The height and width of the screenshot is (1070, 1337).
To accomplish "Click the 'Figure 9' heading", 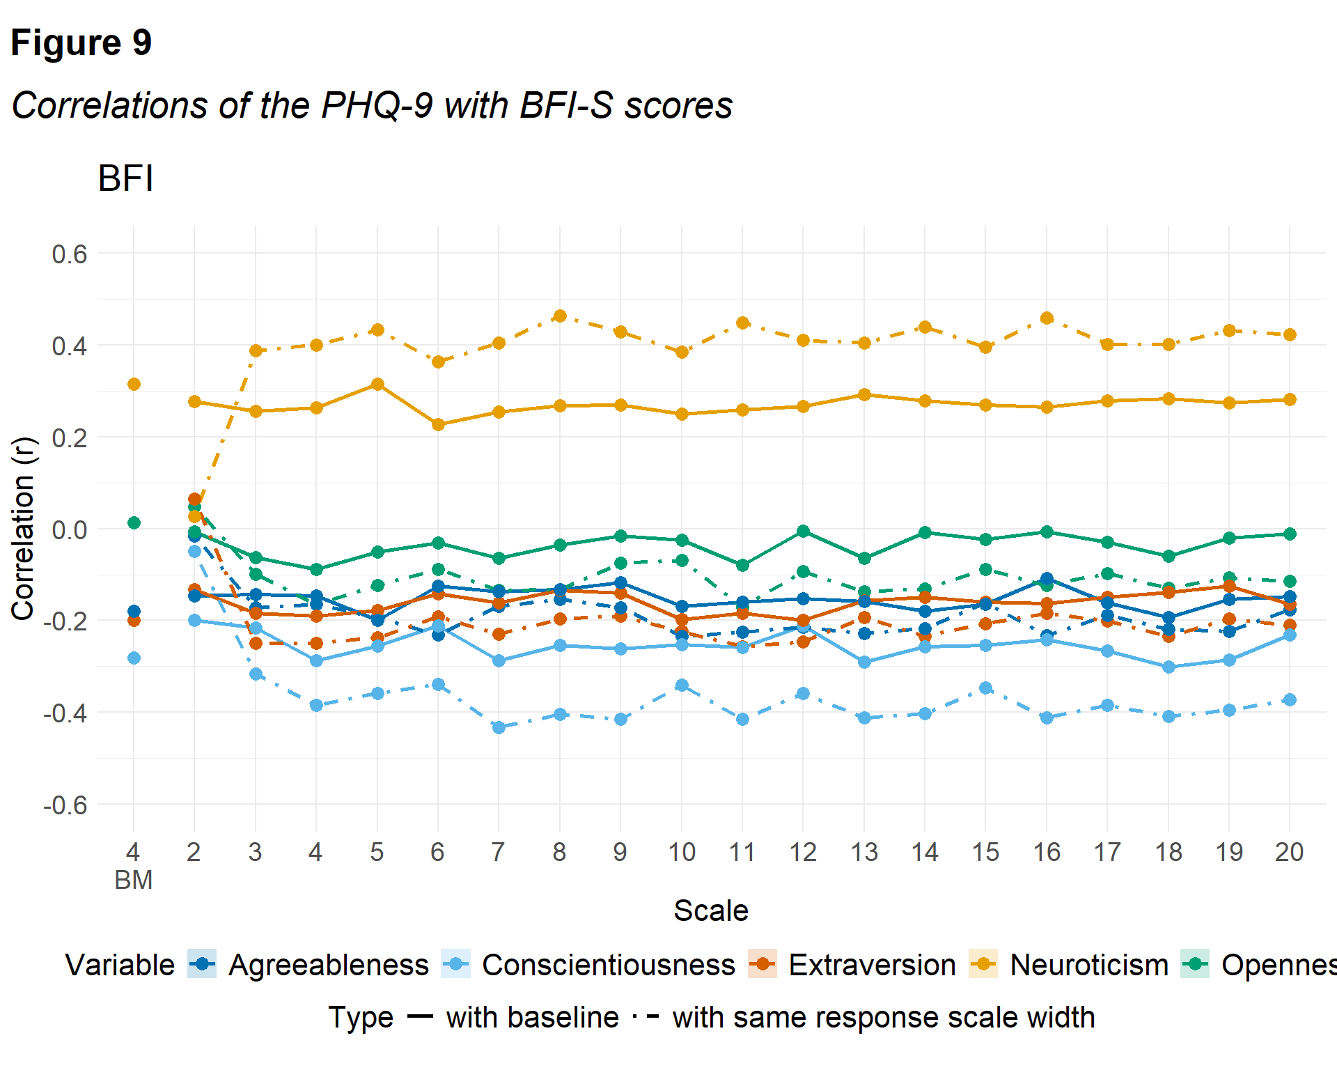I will click(81, 43).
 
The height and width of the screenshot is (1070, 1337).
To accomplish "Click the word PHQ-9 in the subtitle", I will click(377, 106).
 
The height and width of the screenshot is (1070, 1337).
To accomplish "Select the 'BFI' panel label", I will click(125, 178).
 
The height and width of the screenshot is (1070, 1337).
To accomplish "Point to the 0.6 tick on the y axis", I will click(70, 254).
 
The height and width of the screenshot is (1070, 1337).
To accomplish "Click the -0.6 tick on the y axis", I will click(65, 806).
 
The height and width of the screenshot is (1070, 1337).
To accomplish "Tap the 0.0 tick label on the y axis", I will click(70, 530).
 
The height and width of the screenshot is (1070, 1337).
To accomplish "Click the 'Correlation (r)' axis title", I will click(23, 528).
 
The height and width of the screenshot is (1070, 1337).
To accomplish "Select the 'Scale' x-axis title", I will click(710, 910).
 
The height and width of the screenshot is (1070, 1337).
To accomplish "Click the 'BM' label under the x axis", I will click(133, 881).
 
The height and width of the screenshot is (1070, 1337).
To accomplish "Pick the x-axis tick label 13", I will click(864, 852).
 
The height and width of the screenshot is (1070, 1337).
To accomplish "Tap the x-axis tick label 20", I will click(1289, 852).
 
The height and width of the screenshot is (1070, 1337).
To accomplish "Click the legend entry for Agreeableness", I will click(328, 965).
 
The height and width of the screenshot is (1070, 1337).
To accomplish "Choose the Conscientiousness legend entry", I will click(608, 965).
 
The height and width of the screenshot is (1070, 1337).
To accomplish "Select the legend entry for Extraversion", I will click(872, 965).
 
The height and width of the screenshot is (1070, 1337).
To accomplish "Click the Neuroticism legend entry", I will click(1088, 965).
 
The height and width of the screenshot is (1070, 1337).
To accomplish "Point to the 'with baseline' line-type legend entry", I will click(532, 1017).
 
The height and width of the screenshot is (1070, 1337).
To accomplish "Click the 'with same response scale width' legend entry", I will click(883, 1017).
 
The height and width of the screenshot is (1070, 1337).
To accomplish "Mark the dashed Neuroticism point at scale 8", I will click(560, 316).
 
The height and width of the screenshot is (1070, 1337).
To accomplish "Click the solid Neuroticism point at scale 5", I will click(377, 385).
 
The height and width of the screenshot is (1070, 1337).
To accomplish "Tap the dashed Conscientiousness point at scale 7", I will click(499, 727).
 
